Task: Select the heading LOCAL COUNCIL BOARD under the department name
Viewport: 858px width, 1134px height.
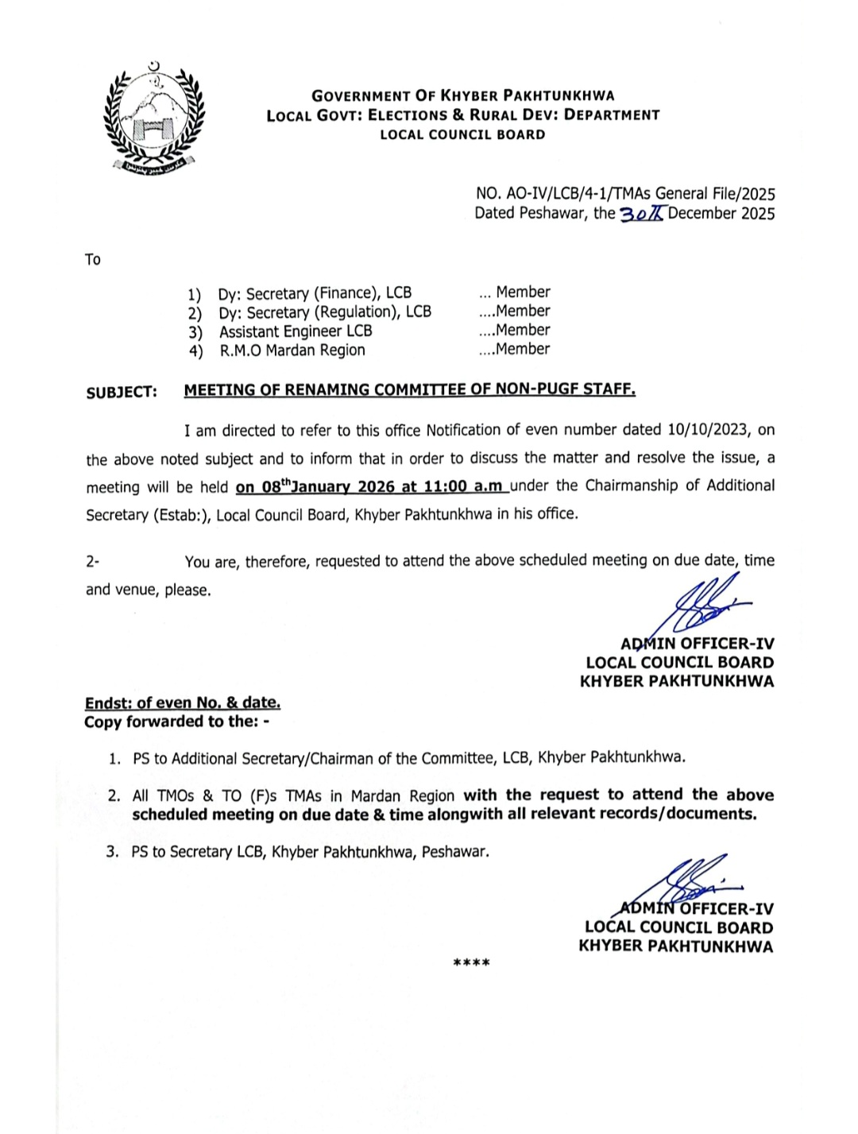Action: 462,135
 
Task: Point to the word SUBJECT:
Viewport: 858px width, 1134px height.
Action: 122,393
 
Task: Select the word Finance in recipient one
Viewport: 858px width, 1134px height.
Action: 346,292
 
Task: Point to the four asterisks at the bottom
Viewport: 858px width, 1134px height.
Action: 471,963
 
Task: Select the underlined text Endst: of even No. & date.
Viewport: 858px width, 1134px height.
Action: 183,702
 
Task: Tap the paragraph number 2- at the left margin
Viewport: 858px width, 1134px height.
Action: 93,561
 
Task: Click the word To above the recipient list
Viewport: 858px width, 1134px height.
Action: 93,260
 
